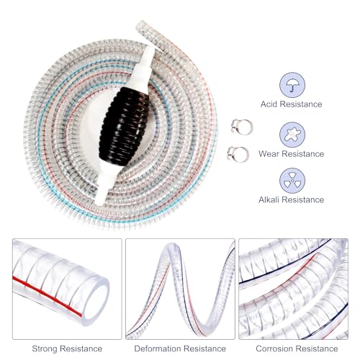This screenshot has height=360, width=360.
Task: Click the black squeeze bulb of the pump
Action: pos(125,126)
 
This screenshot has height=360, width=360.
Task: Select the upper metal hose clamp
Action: pos(242,127)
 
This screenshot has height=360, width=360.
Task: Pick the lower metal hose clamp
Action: pos(238,154)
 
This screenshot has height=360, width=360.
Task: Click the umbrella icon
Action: pos(292,86)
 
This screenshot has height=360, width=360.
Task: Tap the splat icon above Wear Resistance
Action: pos(292,135)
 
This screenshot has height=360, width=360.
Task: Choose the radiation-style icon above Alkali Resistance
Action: pos(292,181)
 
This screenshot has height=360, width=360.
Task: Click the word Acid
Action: pos(269,104)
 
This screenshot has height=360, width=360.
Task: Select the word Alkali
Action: pos(269,199)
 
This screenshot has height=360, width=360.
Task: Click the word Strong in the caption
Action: pos(45,348)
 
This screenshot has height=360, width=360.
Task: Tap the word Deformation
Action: pos(158,348)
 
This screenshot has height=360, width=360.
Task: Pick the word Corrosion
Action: pos(274,348)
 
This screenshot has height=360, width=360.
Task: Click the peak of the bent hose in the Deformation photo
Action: pos(172,247)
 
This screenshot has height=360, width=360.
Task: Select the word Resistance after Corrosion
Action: pos(317,348)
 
